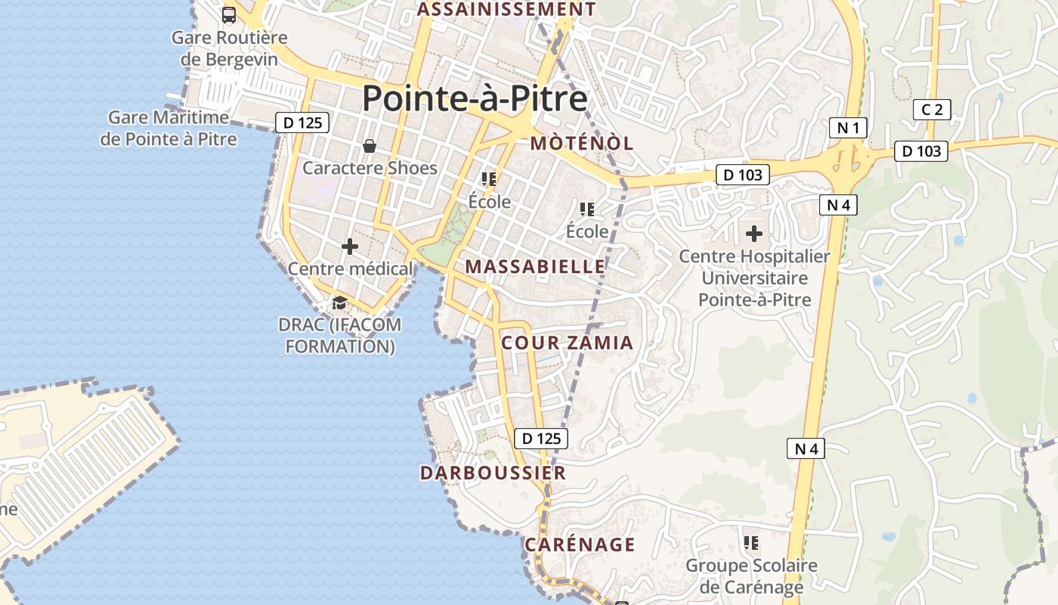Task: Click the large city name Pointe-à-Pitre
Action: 475,99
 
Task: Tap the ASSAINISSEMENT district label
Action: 507,9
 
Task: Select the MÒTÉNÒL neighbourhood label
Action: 582,144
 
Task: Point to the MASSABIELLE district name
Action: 535,266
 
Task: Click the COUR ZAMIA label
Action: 568,343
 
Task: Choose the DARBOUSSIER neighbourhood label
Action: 493,473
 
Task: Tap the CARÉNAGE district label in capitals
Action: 580,544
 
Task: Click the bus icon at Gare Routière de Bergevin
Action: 228,14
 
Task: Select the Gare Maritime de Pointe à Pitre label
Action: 169,129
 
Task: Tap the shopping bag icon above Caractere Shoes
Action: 370,145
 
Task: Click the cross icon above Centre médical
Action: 350,247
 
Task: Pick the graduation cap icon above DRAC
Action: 339,303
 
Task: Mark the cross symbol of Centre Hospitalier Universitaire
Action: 754,234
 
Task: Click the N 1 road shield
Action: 849,128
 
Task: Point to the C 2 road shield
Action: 932,110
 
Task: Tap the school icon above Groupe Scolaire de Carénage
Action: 751,542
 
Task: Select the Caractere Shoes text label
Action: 370,168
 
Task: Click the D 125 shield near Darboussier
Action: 540,438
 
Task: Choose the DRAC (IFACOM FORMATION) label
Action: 340,336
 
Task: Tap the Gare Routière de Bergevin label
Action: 230,48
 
